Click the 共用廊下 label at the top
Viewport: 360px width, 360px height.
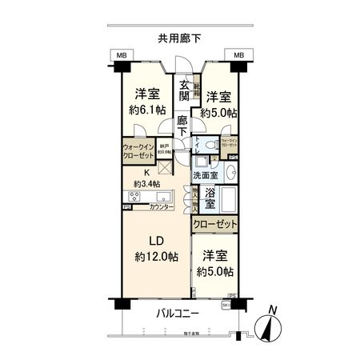(x=179, y=37)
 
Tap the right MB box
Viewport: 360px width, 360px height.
(x=238, y=55)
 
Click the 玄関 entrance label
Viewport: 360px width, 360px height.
(x=183, y=92)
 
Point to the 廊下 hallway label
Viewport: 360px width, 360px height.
(x=183, y=126)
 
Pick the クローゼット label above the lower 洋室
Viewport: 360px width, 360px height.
(x=214, y=225)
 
